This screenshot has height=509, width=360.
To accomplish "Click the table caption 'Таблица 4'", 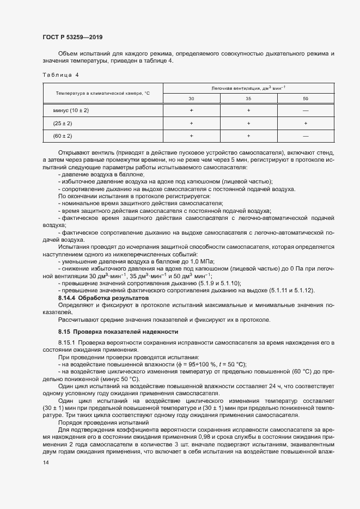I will [60, 74].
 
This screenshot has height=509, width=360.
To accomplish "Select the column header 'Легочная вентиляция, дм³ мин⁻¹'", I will [248, 88].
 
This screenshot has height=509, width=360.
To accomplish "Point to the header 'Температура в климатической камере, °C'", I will [102, 93].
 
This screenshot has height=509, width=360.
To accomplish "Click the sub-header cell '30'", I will [191, 99].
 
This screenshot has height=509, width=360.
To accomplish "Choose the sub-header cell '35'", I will [248, 99].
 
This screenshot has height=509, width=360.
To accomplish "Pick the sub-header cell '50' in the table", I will [305, 99].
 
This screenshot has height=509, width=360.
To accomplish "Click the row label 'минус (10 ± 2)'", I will [71, 111].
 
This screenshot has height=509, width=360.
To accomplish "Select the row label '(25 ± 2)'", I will [63, 123].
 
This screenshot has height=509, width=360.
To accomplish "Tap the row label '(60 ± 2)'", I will [63, 136].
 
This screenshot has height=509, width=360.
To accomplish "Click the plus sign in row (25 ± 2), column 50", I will [305, 123].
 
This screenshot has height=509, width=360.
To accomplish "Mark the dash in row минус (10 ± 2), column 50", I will [305, 111].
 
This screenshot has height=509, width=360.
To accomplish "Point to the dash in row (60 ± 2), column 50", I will [305, 136].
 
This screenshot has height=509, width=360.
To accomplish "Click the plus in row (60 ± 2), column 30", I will [191, 136].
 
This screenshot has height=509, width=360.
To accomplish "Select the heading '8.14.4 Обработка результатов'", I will [103, 299].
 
